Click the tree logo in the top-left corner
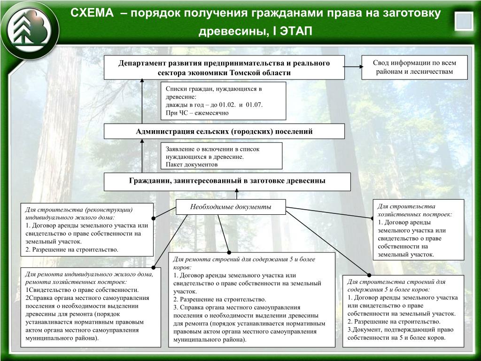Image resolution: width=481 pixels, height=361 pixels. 29,29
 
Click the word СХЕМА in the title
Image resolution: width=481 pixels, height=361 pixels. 93,13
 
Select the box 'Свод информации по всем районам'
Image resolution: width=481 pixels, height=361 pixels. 414,67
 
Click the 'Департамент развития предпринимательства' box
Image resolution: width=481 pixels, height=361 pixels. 224,68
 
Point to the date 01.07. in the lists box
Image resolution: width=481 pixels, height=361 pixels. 255,104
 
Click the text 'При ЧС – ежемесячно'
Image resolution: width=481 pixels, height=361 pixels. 197,113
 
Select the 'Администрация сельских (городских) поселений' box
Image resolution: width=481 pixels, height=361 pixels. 224,131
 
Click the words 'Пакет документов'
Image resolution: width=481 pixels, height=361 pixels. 192,165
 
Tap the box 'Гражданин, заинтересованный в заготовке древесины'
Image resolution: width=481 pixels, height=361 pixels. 227,181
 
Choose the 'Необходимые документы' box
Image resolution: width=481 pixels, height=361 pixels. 231,207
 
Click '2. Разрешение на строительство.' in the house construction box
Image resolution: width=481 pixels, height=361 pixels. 72,249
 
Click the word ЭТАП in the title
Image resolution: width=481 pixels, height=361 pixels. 296,31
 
